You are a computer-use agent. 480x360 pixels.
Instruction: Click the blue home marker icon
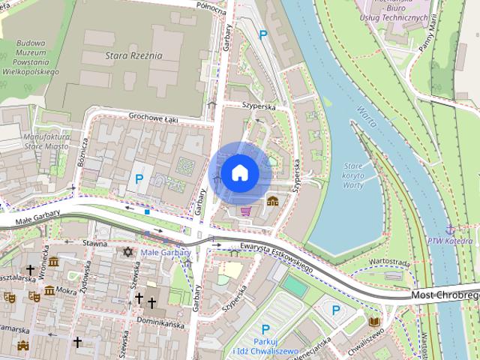click(239, 172)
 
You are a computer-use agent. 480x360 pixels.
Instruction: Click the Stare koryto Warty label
click(353, 175)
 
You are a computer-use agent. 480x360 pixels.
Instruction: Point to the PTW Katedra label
click(449, 241)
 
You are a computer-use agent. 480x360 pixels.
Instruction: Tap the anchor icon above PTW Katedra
click(449, 228)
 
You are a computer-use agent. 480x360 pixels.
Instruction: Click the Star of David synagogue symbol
click(127, 252)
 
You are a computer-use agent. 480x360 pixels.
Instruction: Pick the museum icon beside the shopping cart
click(272, 201)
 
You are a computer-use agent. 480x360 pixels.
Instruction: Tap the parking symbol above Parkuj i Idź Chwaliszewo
click(265, 329)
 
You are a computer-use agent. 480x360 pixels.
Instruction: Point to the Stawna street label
click(95, 242)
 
